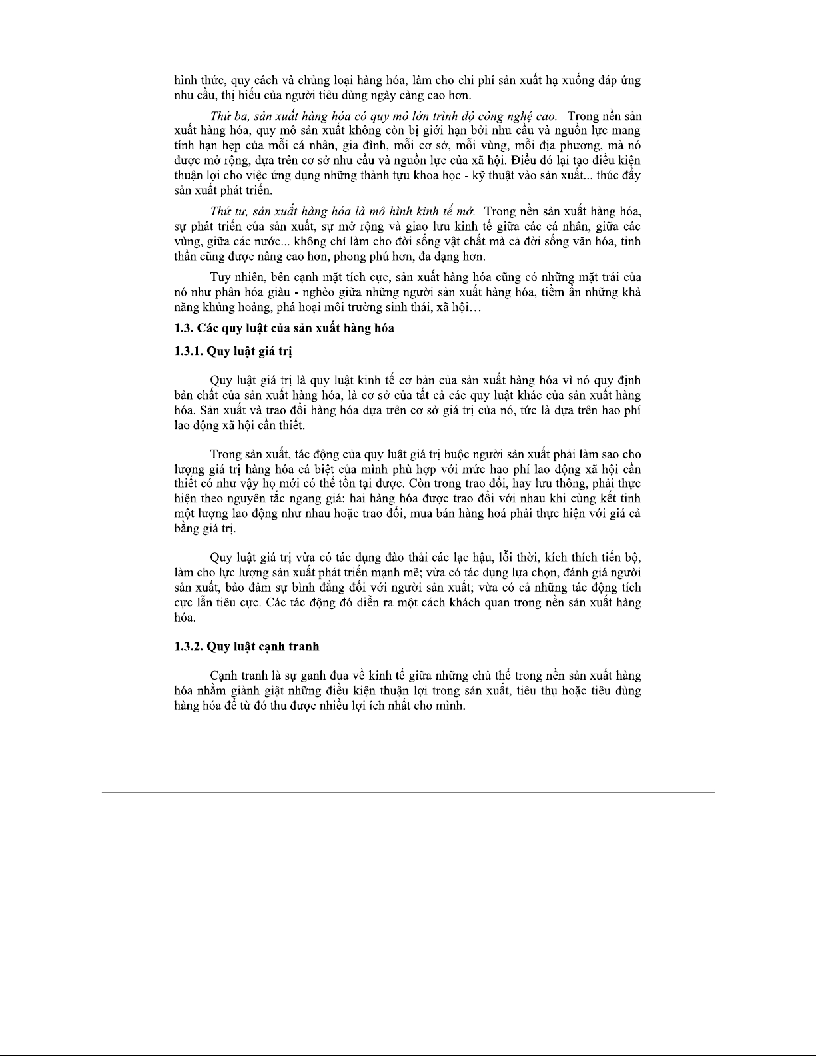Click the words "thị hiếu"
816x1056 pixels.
237,95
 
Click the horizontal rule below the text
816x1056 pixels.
408,792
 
